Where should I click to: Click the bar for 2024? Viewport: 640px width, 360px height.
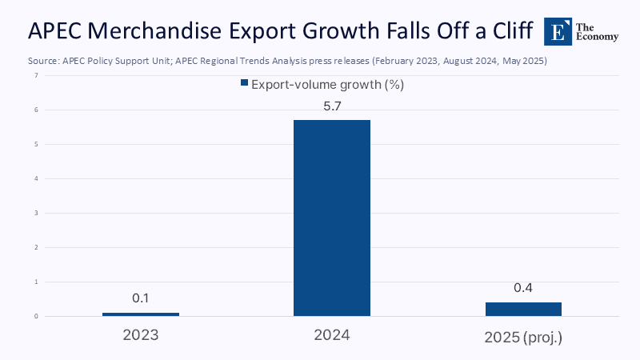coord(332,218)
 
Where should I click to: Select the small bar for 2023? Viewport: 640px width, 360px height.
coord(141,314)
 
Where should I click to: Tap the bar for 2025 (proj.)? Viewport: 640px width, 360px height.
coord(523,309)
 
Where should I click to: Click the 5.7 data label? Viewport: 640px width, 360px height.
coord(332,105)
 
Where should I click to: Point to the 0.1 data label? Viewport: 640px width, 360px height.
coord(141,298)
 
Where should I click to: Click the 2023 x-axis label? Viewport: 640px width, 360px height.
coord(141,336)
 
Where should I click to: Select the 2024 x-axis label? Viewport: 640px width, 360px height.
coord(332,336)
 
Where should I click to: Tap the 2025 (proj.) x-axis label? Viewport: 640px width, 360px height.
coord(523,337)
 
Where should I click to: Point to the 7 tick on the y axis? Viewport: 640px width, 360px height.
coord(35,76)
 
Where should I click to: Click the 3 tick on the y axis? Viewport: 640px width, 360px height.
coord(35,214)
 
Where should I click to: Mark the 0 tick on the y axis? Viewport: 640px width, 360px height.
coord(35,317)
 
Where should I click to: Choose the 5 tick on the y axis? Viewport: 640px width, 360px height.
coord(35,145)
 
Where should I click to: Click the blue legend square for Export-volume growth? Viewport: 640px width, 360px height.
coord(244,83)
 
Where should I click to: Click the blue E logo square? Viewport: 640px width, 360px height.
coord(557,30)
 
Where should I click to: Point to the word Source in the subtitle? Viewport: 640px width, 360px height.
coord(42,61)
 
